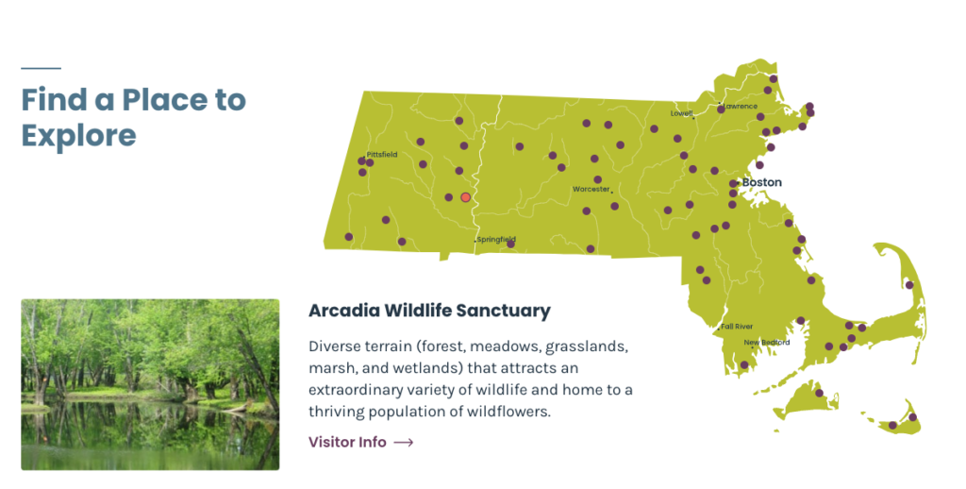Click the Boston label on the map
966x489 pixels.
761,182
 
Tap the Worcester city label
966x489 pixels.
591,190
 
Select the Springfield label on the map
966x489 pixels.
496,239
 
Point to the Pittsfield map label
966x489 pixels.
382,154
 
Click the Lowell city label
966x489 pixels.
681,113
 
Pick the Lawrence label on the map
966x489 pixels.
741,106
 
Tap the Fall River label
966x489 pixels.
737,327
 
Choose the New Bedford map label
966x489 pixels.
766,343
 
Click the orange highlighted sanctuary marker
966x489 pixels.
466,197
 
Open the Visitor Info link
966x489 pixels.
347,442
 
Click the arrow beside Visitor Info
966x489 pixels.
404,442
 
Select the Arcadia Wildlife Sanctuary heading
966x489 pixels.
429,311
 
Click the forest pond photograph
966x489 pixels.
150,385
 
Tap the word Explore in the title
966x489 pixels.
79,136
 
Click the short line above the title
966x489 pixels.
41,69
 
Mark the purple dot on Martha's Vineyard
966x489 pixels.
820,393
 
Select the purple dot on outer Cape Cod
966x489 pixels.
909,285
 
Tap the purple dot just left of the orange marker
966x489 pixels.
448,197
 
